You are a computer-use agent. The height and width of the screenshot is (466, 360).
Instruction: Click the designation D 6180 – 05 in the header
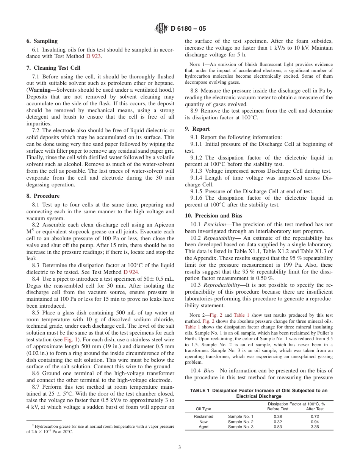click(x=188, y=29)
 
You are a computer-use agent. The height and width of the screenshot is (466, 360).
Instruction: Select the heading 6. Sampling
click(x=42, y=41)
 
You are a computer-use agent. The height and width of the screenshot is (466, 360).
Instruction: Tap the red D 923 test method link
click(x=94, y=56)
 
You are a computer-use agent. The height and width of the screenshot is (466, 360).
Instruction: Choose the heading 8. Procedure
click(x=43, y=196)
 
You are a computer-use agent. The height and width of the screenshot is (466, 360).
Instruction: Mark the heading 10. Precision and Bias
click(x=213, y=216)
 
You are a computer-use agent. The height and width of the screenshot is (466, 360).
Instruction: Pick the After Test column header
click(x=315, y=409)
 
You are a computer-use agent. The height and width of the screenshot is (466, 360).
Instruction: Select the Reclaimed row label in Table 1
click(x=203, y=416)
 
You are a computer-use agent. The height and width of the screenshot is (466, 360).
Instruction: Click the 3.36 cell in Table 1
click(x=315, y=427)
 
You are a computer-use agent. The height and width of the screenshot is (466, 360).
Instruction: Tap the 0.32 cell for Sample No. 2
click(x=278, y=422)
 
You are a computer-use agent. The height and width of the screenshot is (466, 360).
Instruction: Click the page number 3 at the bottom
click(x=180, y=447)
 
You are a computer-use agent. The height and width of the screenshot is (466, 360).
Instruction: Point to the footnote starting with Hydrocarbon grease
click(x=100, y=429)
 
